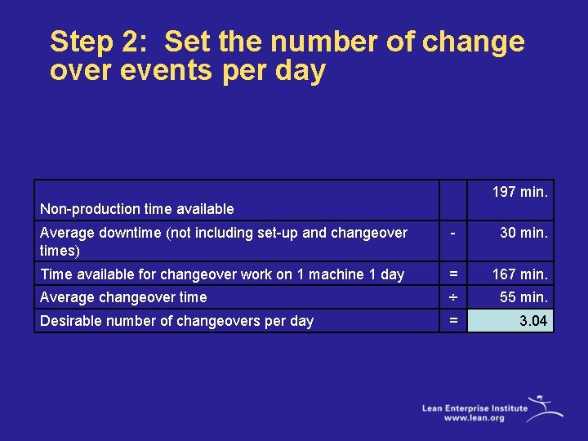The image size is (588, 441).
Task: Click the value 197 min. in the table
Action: point(519,192)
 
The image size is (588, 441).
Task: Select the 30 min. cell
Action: point(523,233)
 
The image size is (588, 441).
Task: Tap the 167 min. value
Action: point(519,274)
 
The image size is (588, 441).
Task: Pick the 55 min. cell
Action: point(523,297)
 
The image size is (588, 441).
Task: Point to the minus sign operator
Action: point(452,233)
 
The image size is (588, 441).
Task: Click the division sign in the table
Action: point(452,297)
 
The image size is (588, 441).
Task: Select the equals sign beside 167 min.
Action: point(452,274)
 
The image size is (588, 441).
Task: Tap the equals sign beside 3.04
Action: point(452,321)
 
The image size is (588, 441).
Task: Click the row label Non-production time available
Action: point(136,210)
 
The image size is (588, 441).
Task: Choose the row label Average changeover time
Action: point(123,297)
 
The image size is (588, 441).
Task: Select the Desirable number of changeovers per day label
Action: point(176,321)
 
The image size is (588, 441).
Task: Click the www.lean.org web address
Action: point(474,417)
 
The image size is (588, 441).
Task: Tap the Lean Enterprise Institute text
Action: point(474,407)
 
